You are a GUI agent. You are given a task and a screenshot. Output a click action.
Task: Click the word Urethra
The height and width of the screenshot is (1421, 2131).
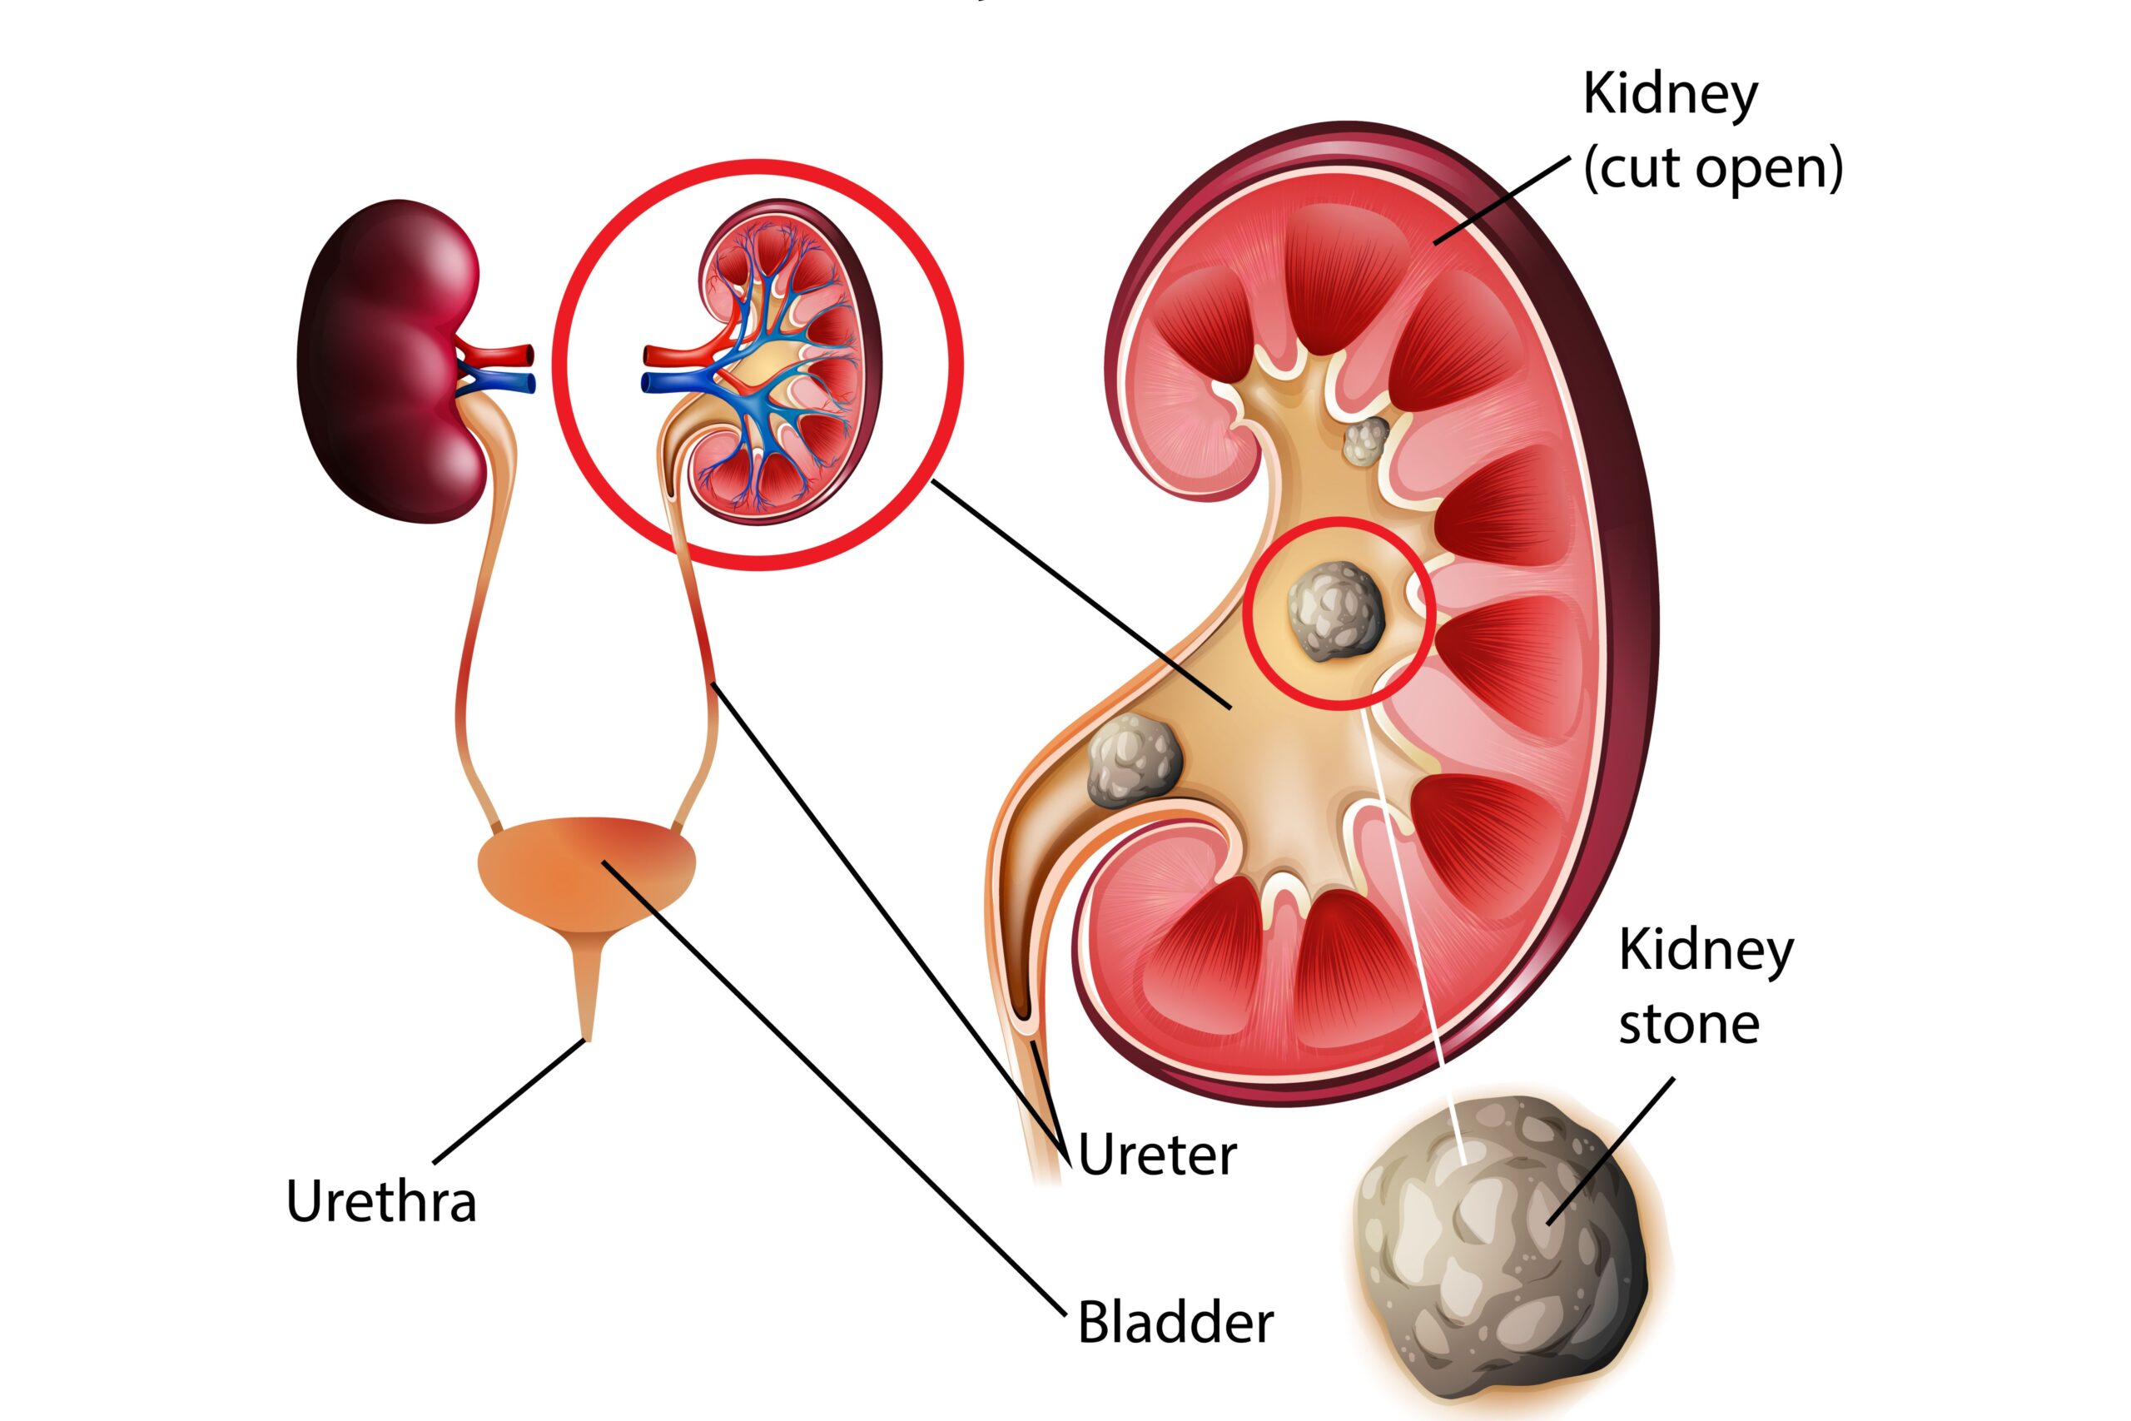point(381,1202)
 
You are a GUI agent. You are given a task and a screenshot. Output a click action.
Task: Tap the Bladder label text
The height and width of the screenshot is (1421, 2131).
point(1175,1322)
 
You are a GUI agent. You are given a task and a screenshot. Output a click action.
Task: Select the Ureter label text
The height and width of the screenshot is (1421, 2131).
point(1157,1155)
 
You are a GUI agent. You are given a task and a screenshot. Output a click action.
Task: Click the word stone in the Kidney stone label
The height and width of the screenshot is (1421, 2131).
point(1689,1025)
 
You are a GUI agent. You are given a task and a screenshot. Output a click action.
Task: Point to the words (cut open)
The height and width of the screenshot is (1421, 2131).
point(1712,167)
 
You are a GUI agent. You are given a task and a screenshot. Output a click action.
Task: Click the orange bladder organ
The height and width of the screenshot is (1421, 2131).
point(587,870)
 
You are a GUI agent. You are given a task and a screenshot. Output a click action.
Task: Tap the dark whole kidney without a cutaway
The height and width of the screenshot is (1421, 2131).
point(385,362)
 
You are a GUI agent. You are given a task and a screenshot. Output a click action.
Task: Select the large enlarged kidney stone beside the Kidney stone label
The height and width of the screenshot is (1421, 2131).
point(1508,1250)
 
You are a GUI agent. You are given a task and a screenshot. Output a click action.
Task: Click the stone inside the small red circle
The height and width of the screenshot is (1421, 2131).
point(1335,610)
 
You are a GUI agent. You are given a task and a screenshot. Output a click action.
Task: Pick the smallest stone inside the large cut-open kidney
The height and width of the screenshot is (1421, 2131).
point(1365,441)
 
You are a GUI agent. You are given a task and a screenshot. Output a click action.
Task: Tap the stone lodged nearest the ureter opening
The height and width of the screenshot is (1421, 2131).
point(1134,759)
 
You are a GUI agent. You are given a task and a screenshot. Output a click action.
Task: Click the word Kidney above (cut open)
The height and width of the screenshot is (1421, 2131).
point(1670,95)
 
